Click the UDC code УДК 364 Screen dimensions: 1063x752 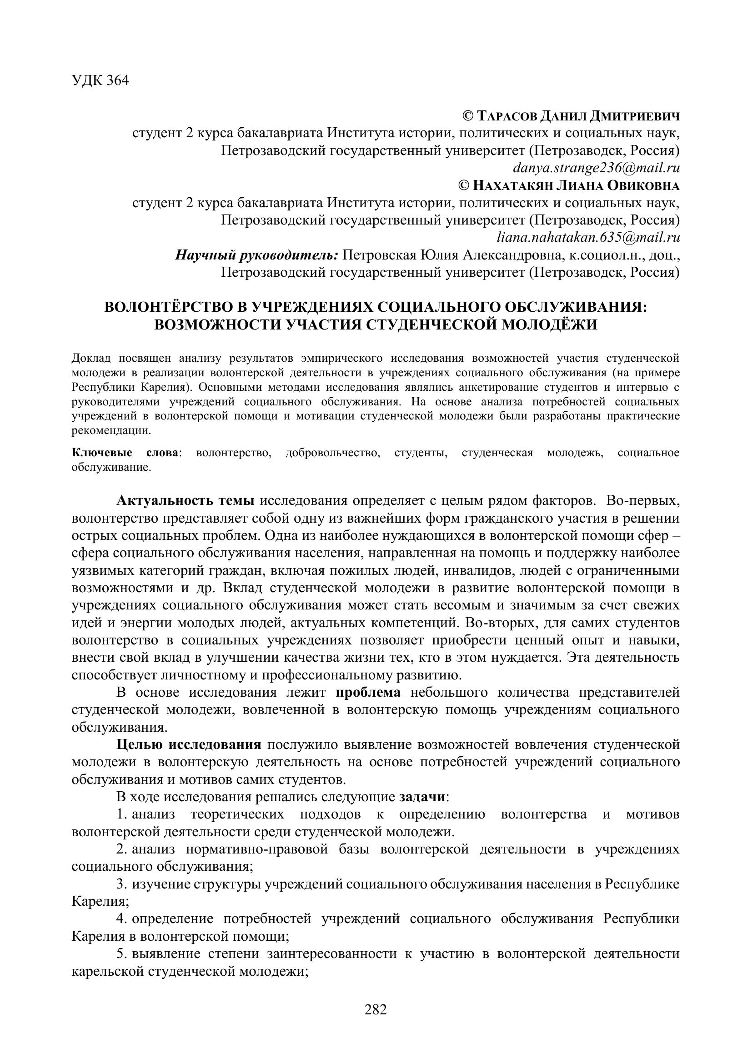(x=100, y=80)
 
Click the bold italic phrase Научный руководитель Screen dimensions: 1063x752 (x=256, y=255)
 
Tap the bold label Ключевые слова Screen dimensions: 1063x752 (x=125, y=452)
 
